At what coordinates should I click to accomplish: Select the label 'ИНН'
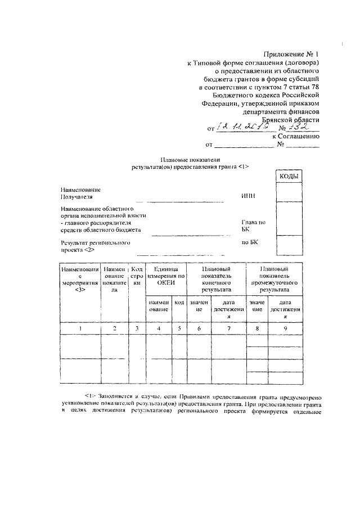(x=247, y=196)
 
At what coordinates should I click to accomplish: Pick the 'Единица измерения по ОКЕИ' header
(x=165, y=276)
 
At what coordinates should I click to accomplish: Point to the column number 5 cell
(x=179, y=328)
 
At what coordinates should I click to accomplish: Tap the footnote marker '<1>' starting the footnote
(x=89, y=396)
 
